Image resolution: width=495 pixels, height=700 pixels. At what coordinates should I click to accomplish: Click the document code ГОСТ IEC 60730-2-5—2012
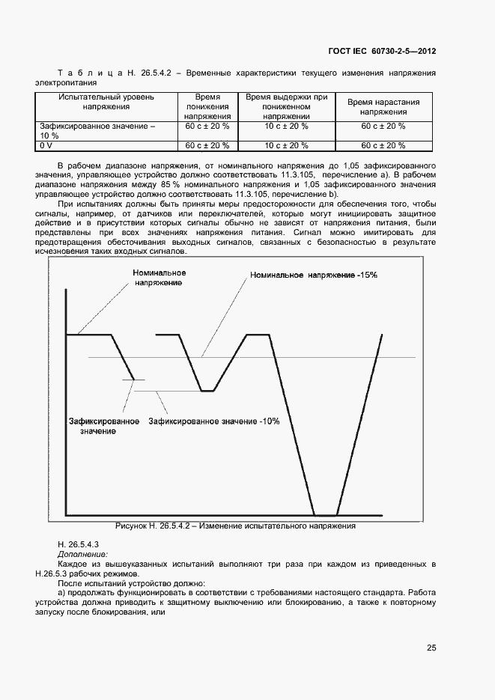pyautogui.click(x=382, y=52)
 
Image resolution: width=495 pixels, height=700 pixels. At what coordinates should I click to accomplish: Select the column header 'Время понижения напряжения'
pyautogui.click(x=207, y=107)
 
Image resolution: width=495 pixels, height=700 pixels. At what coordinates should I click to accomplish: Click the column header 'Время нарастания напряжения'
pyautogui.click(x=383, y=107)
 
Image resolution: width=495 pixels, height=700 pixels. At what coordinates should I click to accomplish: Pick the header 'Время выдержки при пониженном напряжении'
pyautogui.click(x=287, y=107)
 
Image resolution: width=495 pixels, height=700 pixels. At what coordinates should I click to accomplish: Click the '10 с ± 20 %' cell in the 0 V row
pyautogui.click(x=287, y=146)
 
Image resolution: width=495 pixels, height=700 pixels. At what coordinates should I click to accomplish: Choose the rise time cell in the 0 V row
pyautogui.click(x=383, y=146)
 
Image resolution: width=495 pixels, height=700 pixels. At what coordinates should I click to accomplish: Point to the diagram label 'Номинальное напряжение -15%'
pyautogui.click(x=314, y=276)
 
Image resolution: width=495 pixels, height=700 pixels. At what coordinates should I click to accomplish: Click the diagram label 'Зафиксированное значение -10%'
pyautogui.click(x=213, y=421)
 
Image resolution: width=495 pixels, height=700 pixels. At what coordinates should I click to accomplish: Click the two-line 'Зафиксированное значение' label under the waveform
pyautogui.click(x=103, y=426)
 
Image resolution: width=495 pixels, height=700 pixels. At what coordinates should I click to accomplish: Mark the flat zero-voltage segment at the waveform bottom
pyautogui.click(x=325, y=515)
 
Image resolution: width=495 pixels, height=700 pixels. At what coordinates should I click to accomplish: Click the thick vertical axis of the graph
pyautogui.click(x=66, y=404)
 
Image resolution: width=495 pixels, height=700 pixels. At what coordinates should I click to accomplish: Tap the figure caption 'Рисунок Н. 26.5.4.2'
pyautogui.click(x=234, y=526)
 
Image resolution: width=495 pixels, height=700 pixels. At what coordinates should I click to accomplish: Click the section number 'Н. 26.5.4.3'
pyautogui.click(x=79, y=543)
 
